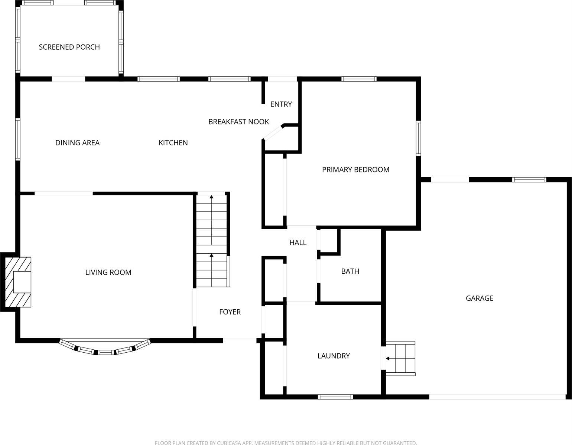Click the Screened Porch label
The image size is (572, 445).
click(69, 47)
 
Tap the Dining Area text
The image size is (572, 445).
click(77, 143)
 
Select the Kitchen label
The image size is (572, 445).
click(173, 143)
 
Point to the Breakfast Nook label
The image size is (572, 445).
click(238, 122)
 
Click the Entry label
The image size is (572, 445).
click(281, 104)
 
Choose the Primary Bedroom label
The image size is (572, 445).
click(355, 170)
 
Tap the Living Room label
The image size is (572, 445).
click(108, 273)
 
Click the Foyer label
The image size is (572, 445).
click(230, 312)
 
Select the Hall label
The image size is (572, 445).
click(298, 243)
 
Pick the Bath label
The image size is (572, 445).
click(350, 271)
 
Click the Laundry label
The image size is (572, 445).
click(334, 356)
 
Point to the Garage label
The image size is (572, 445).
click(480, 298)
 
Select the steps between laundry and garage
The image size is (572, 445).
click(400, 359)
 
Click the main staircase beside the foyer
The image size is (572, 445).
click(211, 241)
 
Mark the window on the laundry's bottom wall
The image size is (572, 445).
click(335, 397)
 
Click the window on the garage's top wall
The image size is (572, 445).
click(529, 180)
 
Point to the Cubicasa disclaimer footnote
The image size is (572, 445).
click(286, 442)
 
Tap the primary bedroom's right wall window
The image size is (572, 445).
click(419, 138)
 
